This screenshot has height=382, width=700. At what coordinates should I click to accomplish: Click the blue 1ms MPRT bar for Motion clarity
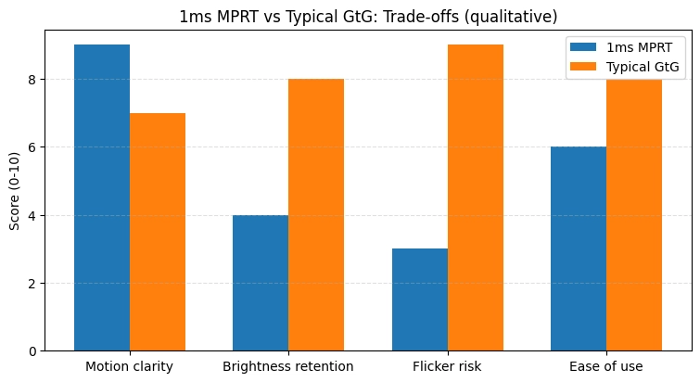tap(102, 197)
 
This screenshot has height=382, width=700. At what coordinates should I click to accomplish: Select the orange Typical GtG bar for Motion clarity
tap(158, 232)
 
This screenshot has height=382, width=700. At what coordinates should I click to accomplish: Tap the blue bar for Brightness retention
tap(261, 283)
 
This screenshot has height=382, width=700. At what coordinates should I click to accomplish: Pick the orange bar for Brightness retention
tap(316, 214)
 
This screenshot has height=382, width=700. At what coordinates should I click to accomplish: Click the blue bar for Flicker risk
tap(420, 299)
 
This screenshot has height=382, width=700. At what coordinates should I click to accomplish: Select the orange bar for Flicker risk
tap(476, 197)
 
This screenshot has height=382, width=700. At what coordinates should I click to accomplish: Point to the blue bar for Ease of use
tap(579, 248)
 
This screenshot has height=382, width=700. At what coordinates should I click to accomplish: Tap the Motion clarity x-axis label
tap(130, 366)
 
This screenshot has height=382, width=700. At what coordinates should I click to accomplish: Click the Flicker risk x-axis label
tap(448, 366)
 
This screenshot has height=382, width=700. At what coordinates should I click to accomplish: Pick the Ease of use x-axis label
tap(606, 366)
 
